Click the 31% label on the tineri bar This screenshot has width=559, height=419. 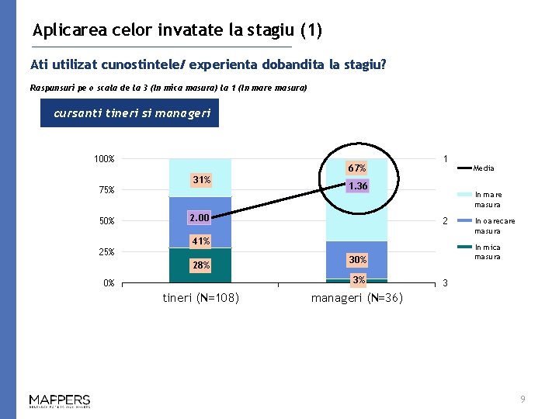tap(201, 180)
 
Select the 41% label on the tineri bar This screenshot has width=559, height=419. tap(201, 241)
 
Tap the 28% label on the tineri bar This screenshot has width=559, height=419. tap(201, 265)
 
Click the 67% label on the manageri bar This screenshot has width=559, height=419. tap(357, 168)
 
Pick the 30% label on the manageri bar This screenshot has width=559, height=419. tap(357, 259)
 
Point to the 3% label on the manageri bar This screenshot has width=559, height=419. tap(358, 279)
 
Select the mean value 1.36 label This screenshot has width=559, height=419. tap(358, 186)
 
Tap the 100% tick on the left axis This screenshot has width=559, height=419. tap(104, 159)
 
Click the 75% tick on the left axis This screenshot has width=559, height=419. tap(106, 190)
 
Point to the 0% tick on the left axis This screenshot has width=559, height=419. tap(108, 283)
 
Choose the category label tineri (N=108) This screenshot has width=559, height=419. tap(200, 298)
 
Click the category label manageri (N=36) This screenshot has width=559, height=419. tap(356, 298)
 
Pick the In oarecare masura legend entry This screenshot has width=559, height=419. tap(488, 226)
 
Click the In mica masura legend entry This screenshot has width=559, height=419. tap(488, 252)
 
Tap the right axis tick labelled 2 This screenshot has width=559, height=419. tap(445, 221)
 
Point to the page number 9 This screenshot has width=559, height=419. tap(523, 399)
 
